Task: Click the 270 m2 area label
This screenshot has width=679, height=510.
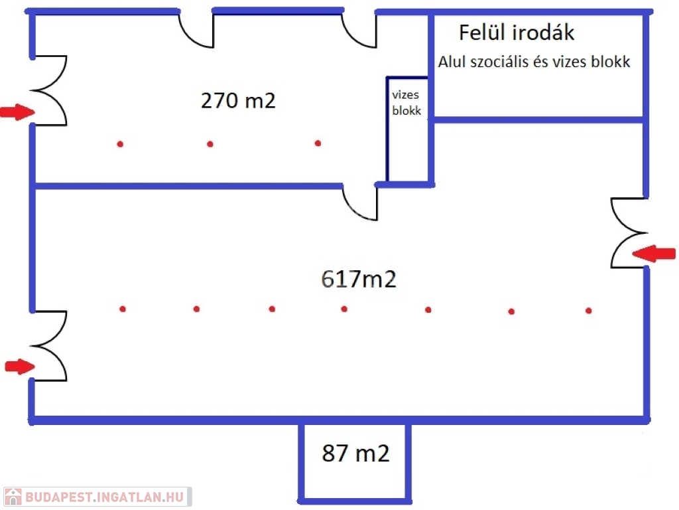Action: (x=238, y=101)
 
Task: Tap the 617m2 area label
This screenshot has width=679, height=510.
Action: (x=359, y=279)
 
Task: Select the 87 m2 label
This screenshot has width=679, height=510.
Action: (x=355, y=453)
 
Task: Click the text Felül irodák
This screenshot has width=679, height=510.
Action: (x=517, y=33)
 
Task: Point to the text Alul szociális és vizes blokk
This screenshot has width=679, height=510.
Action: (x=534, y=62)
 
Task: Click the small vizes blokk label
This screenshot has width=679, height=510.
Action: (x=406, y=103)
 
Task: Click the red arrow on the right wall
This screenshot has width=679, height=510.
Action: (x=654, y=253)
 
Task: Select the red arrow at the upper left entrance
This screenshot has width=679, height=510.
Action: (x=17, y=112)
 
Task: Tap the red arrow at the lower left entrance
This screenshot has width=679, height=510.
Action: (x=20, y=367)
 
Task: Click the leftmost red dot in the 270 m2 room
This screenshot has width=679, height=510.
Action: (x=120, y=144)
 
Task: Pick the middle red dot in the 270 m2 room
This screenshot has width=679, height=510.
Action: (x=210, y=144)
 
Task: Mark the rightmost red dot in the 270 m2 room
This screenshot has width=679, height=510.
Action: (x=318, y=143)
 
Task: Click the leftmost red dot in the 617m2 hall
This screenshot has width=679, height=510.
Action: (x=123, y=309)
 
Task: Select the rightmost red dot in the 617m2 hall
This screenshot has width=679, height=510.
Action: (x=589, y=311)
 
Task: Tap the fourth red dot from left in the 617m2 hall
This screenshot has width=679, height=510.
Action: (x=344, y=309)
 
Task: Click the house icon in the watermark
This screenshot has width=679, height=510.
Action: (x=13, y=497)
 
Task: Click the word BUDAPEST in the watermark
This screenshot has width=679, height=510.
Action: (x=59, y=497)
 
